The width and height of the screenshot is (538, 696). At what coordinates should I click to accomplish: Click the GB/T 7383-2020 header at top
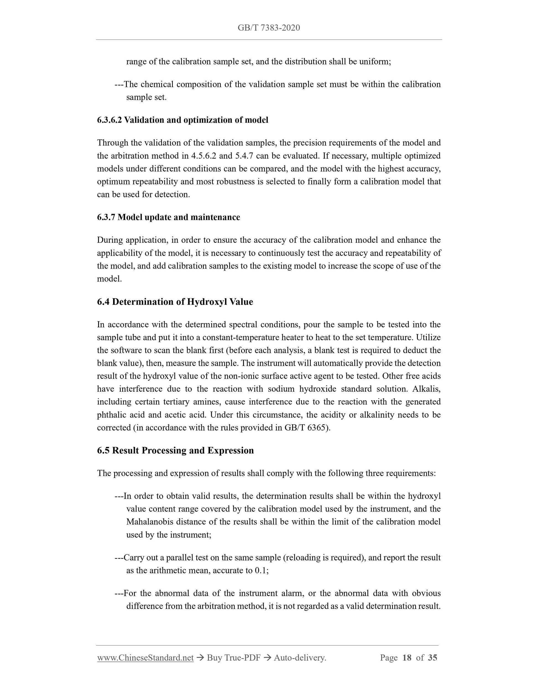click(x=269, y=28)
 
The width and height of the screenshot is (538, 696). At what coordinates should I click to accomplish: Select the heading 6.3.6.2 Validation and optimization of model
click(x=183, y=120)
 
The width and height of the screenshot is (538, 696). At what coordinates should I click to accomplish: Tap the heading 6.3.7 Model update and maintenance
click(x=169, y=217)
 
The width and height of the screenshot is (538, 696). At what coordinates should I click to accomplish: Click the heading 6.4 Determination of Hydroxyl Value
click(x=175, y=302)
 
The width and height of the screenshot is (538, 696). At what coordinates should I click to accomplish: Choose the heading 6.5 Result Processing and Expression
click(x=175, y=450)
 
